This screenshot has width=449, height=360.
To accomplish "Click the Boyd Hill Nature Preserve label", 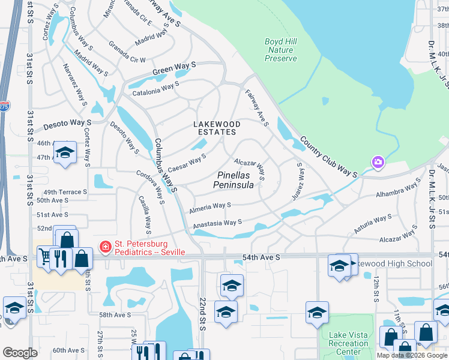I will point(281,50).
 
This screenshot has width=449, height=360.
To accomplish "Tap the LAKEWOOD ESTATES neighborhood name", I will point(217,129).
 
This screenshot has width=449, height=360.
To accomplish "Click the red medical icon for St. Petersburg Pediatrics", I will point(106,247).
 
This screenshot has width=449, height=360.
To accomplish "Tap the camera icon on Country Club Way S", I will point(378,162).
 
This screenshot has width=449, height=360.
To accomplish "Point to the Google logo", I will point(20,353).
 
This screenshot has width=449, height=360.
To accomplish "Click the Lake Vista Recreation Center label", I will point(349,343).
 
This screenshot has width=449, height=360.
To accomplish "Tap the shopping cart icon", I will point(46,257).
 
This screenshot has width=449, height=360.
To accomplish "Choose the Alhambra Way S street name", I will point(397,191).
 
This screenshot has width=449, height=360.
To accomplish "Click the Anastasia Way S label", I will point(217,224).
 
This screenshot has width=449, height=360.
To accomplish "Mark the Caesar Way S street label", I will point(187,161).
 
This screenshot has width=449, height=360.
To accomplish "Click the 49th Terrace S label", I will point(62,192).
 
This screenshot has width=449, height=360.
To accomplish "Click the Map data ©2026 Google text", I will point(412,355).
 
